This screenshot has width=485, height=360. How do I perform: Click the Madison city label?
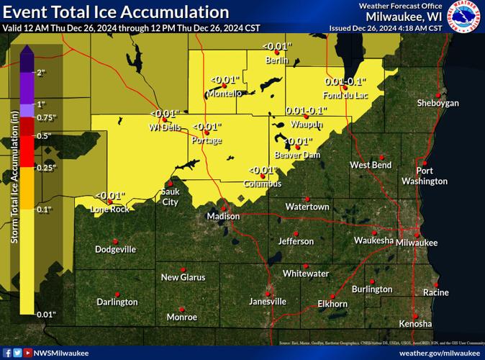(x=222, y=216)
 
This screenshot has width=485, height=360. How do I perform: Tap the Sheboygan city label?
(x=438, y=104)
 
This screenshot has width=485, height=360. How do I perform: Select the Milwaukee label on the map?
(x=417, y=243)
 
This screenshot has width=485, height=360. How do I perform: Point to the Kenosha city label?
(x=415, y=323)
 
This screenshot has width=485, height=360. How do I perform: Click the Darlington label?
(x=117, y=302)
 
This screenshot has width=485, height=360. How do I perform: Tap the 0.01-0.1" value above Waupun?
(x=306, y=111)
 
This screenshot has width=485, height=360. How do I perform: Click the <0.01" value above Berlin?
(x=276, y=47)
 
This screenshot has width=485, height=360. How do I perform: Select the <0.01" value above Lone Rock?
(x=110, y=195)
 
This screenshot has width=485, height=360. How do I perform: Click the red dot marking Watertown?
(x=307, y=198)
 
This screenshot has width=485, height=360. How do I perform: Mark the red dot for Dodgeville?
(x=115, y=240)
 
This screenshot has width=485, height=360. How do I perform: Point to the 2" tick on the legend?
(x=42, y=73)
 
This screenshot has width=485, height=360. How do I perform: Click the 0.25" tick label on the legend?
(x=45, y=168)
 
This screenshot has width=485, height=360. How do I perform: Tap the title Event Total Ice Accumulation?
(x=116, y=12)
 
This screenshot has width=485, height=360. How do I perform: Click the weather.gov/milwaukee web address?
(x=439, y=353)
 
